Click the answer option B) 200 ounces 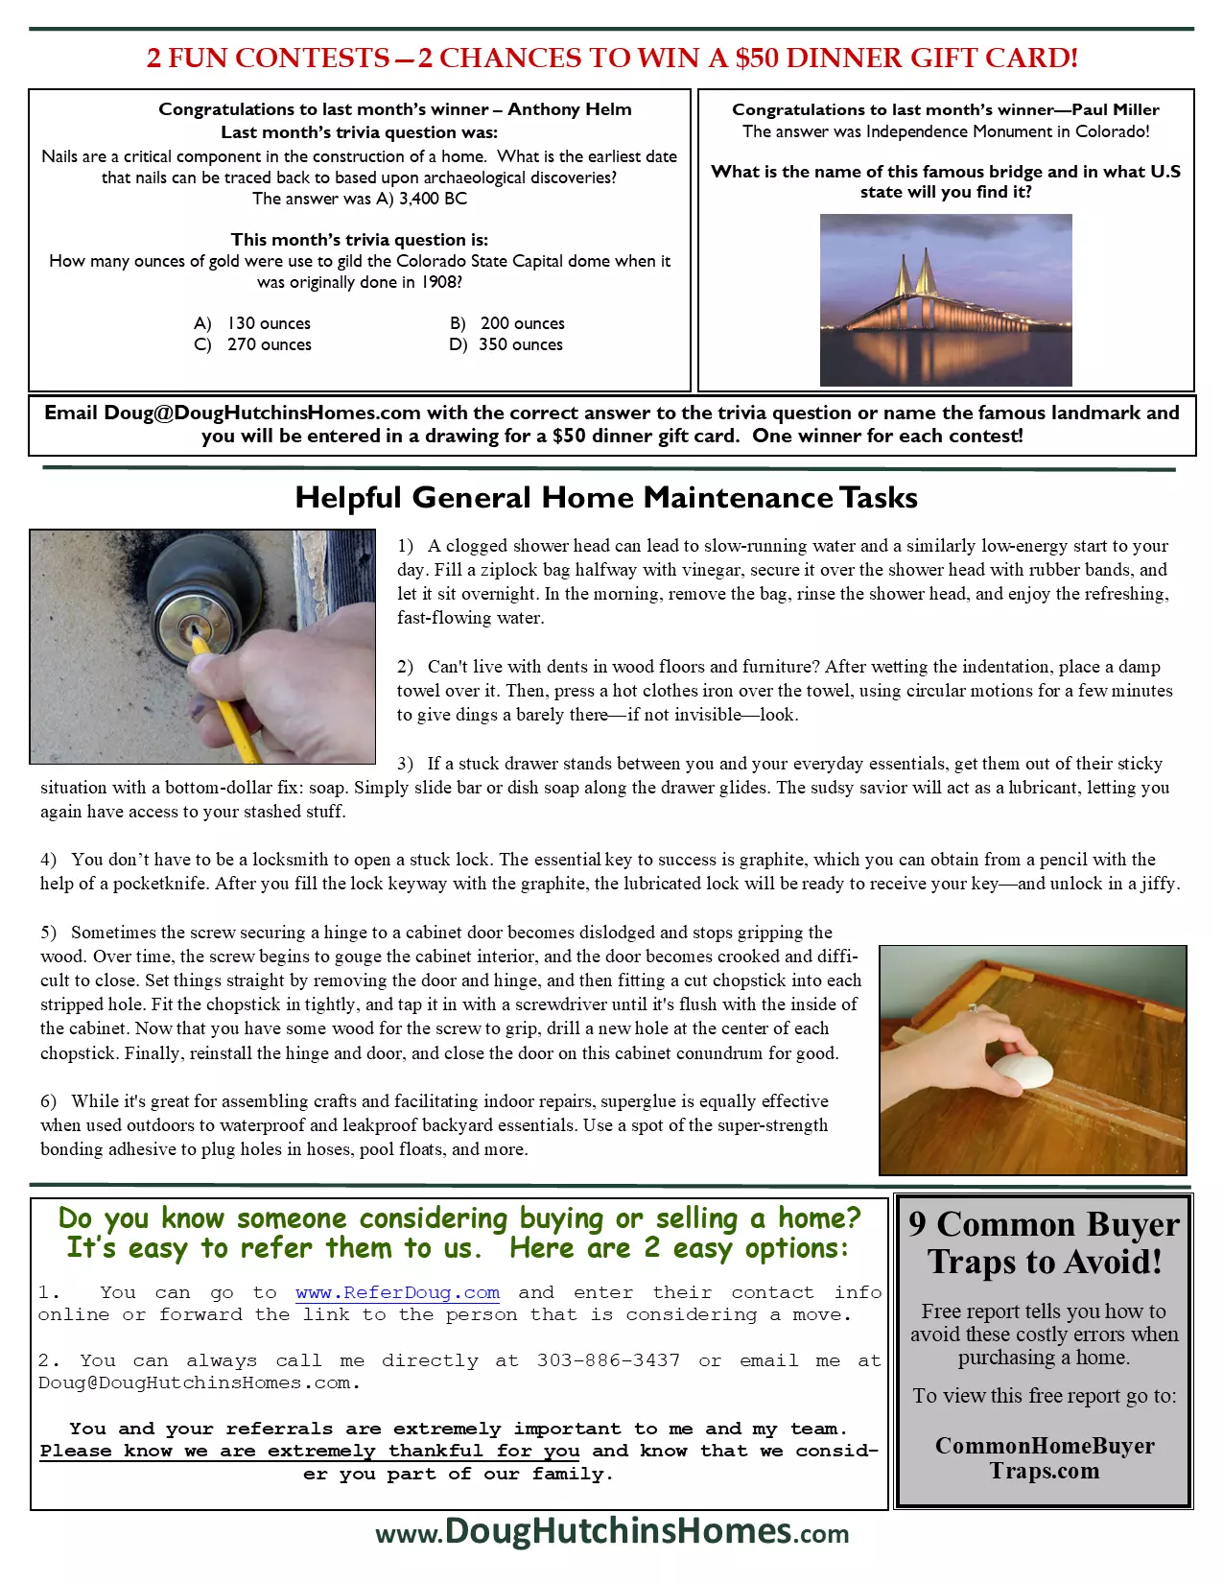pyautogui.click(x=507, y=323)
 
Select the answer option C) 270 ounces pyautogui.click(x=253, y=344)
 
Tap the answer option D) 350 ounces pyautogui.click(x=506, y=344)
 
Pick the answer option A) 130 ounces pyautogui.click(x=252, y=323)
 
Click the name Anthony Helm pyautogui.click(x=569, y=109)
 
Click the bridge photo pyautogui.click(x=945, y=299)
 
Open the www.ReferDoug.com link pyautogui.click(x=397, y=1292)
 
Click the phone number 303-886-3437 pyautogui.click(x=608, y=1360)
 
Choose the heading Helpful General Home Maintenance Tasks pyautogui.click(x=606, y=497)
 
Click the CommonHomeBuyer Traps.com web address pyautogui.click(x=1045, y=1458)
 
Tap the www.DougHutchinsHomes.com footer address pyautogui.click(x=612, y=1531)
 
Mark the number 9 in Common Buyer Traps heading pyautogui.click(x=917, y=1224)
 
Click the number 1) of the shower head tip pyautogui.click(x=406, y=546)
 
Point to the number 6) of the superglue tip pyautogui.click(x=48, y=1101)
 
